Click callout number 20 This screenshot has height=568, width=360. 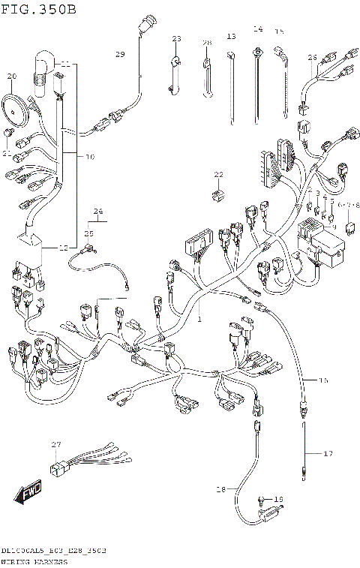coord(10,77)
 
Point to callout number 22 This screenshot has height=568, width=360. coord(218,175)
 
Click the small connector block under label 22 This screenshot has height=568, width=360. coord(217,195)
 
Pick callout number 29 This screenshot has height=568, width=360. coord(119,55)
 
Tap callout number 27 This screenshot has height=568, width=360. coord(55,446)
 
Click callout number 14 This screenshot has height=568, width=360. coord(258,29)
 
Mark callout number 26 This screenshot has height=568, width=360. coord(312,57)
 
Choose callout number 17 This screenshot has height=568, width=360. coord(327,453)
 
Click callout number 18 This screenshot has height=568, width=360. coord(220,489)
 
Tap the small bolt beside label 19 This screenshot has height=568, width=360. coord(262,499)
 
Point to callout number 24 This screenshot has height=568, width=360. coord(96,212)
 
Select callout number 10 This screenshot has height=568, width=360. coord(88,158)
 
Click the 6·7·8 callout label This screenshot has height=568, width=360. coord(349,204)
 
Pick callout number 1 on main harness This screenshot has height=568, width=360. coord(199,319)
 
